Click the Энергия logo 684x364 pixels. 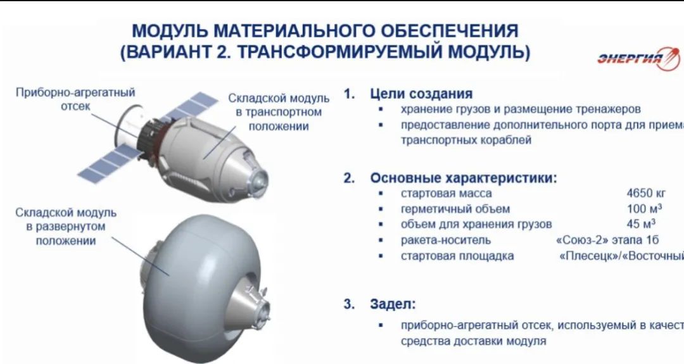[637, 59]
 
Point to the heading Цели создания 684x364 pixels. [421, 94]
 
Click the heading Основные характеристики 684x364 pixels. [463, 178]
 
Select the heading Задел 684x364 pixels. [393, 304]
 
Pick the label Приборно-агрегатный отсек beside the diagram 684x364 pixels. [75, 99]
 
